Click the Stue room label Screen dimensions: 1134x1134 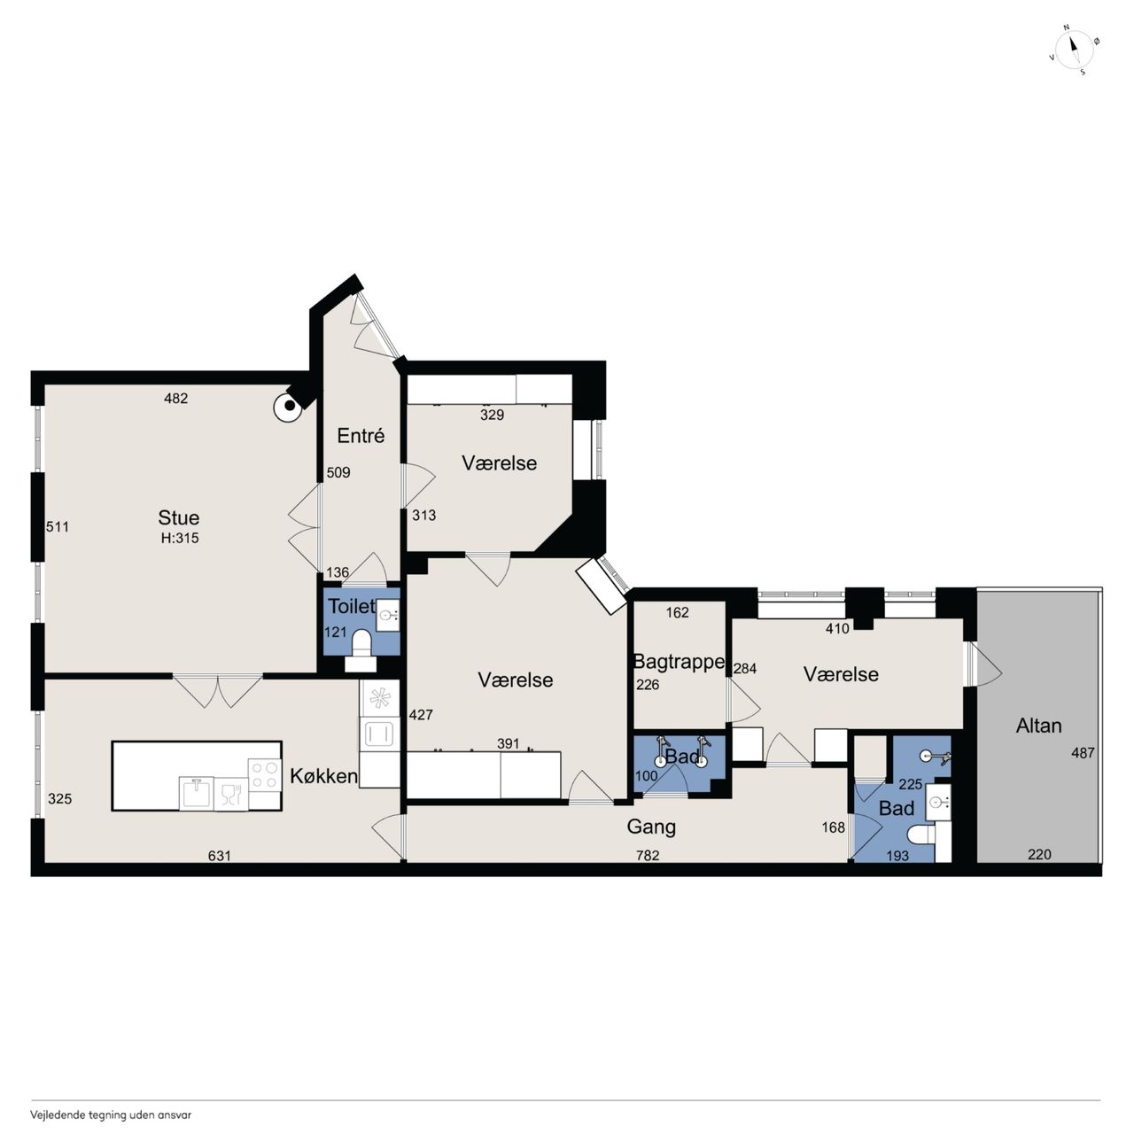pos(178,517)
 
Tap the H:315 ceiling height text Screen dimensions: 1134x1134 pos(180,538)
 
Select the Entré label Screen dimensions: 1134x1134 pos(361,436)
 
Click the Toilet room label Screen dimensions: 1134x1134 pos(352,606)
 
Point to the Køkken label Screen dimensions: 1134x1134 pos(323,776)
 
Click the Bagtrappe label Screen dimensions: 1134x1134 pos(679,662)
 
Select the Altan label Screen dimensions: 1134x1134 pos(1038,726)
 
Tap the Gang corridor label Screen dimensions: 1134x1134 pos(651,827)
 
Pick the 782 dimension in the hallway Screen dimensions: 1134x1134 pos(648,856)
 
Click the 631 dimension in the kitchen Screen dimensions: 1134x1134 pos(219,856)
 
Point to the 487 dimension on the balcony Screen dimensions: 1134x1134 pos(1083,753)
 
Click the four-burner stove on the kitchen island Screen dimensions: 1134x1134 pos(265,775)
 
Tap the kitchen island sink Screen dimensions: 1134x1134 pos(196,793)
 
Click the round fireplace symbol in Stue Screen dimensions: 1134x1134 pos(288,407)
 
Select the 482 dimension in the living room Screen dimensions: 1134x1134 pos(176,399)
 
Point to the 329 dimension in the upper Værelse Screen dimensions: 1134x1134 pos(492,415)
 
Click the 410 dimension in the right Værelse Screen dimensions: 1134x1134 pos(837,628)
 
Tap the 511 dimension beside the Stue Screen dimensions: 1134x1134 pos(58,526)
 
